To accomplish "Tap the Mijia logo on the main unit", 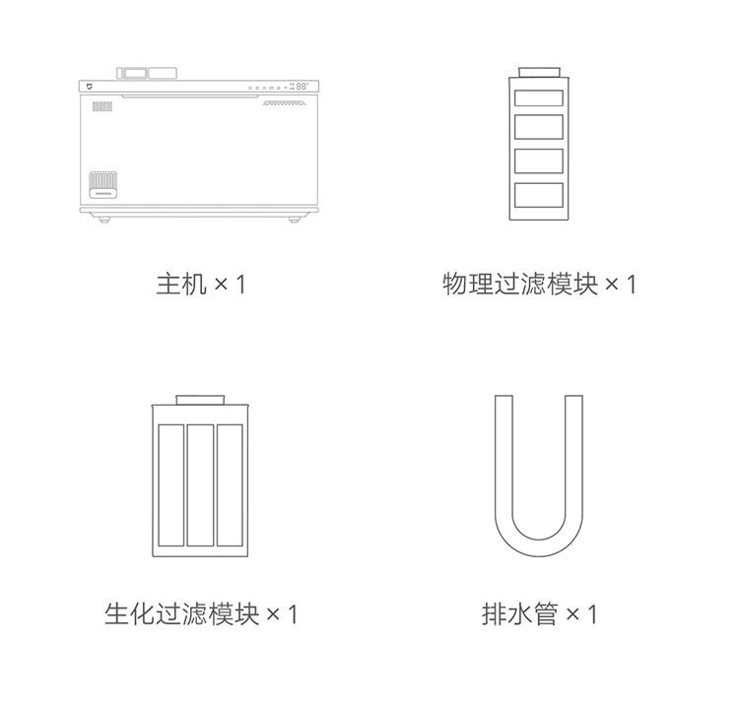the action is [x=88, y=87].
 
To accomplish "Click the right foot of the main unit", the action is [x=294, y=220].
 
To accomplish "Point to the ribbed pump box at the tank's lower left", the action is [x=101, y=185].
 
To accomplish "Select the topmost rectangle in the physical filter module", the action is [x=539, y=98].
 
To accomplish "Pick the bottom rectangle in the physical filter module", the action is [x=539, y=194].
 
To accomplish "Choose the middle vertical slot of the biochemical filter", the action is [x=200, y=484].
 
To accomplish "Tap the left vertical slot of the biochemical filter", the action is [x=170, y=484].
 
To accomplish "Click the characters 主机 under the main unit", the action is [x=181, y=285].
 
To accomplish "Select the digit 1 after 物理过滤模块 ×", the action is [x=631, y=285].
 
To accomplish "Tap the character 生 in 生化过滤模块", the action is [x=117, y=614].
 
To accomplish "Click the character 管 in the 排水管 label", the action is [x=546, y=614].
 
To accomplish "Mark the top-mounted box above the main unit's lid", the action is [x=148, y=73].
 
